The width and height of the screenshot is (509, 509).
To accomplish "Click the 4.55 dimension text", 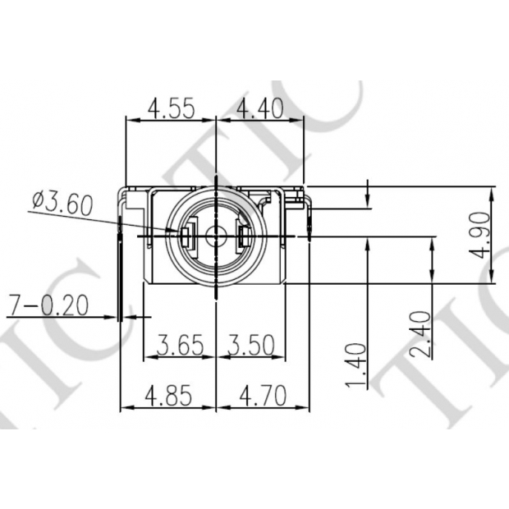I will click(x=170, y=108).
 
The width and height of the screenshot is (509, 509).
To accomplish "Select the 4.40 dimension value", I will click(x=259, y=108).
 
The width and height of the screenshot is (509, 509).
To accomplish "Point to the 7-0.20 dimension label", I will click(x=47, y=305).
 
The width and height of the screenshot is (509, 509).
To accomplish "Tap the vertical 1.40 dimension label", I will click(x=356, y=366).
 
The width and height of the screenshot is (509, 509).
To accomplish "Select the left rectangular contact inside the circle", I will click(x=186, y=238).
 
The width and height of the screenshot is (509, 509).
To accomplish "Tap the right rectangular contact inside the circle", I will click(x=244, y=238).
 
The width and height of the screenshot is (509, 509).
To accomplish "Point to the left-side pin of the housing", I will click(x=122, y=271).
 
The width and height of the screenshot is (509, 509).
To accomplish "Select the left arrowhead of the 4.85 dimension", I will click(x=126, y=408).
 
